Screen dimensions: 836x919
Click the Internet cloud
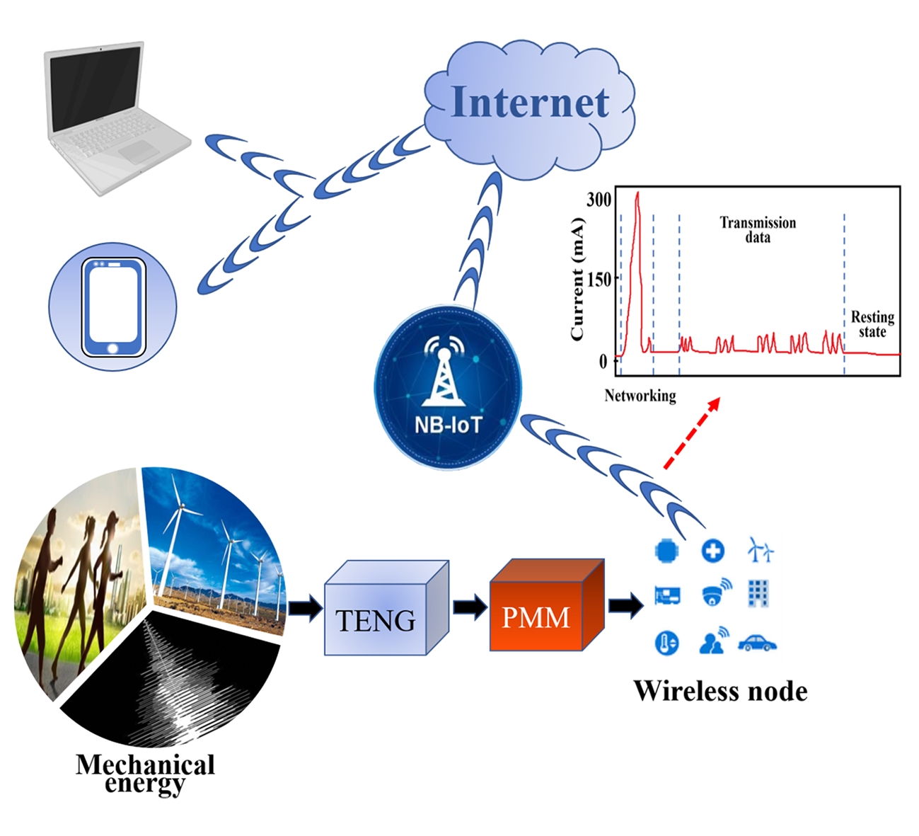529,106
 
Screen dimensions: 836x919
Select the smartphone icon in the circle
113,307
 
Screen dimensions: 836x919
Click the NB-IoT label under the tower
447,425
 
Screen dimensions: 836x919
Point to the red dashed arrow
691,433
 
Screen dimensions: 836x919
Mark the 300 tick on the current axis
599,200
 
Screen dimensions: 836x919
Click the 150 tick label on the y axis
599,280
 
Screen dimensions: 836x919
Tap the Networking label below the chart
640,395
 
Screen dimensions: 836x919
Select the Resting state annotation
872,324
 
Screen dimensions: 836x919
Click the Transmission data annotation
758,229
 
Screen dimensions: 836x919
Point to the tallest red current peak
637,195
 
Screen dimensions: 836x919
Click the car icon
757,643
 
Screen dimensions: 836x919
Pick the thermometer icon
666,643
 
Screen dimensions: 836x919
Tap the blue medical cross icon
712,551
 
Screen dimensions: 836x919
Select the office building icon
758,593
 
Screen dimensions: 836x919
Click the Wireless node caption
720,691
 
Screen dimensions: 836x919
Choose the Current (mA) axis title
577,280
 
